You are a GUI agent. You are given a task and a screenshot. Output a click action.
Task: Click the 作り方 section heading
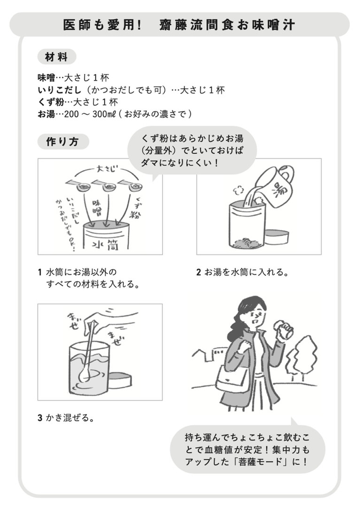[63, 142]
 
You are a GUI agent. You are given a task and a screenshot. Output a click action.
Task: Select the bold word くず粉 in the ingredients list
[51, 102]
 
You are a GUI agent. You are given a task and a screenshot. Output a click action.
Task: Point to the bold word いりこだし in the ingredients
[59, 90]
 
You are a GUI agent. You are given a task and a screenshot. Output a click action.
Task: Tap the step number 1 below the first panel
[40, 272]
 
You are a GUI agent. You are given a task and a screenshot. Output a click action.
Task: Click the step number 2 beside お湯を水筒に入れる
[199, 272]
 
